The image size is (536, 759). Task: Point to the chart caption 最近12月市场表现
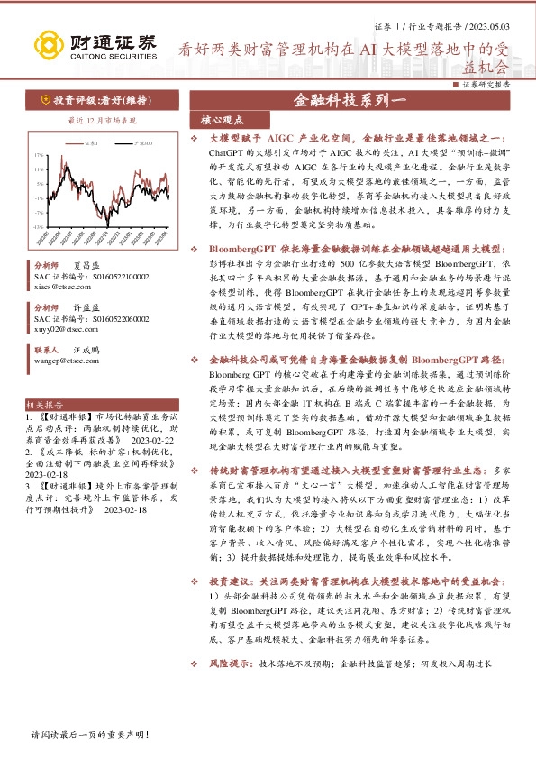point(102,120)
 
